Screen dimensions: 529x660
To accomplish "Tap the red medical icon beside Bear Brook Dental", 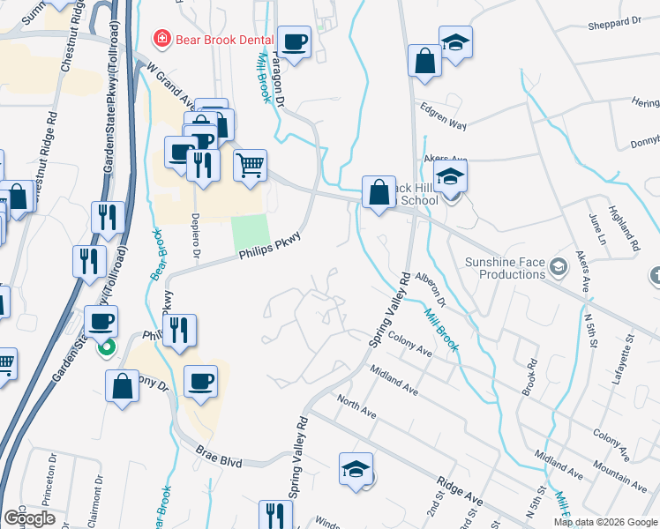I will (161, 38).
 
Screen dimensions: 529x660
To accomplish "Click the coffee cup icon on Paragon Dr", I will (294, 41).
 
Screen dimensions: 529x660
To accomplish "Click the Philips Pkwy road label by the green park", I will (269, 247).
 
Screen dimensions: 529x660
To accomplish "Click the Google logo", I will (30, 518).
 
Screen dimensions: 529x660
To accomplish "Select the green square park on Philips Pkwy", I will (249, 232).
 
